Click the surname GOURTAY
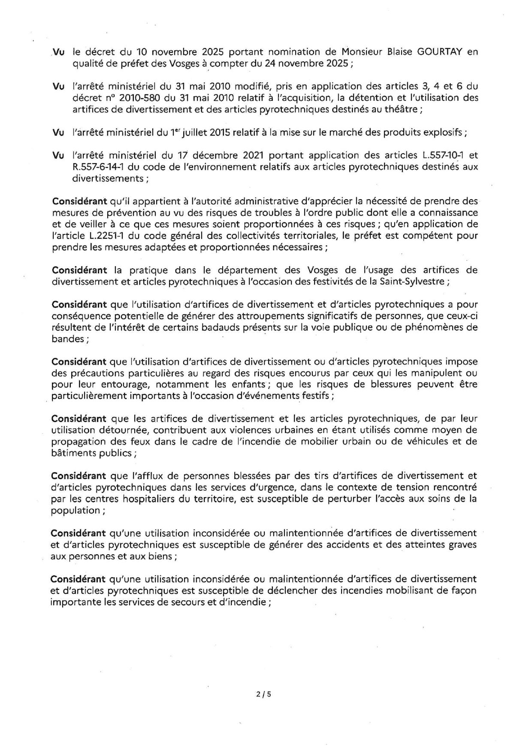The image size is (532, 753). point(438,52)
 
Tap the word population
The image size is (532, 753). point(75,510)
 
